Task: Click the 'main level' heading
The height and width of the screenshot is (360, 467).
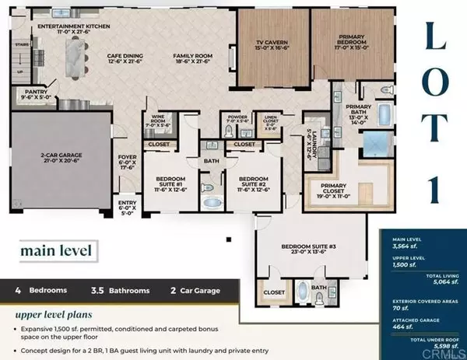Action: click(53, 250)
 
